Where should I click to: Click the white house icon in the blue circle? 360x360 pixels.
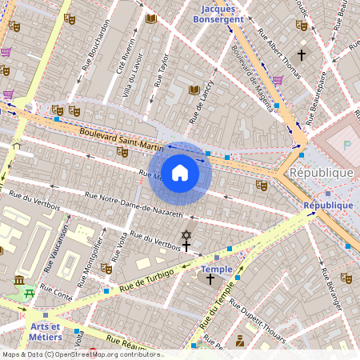pos(180,174)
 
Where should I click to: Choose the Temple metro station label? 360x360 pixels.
pos(216,269)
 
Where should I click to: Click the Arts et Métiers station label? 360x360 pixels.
pos(45,331)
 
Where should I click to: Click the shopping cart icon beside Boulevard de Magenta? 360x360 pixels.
pos(278,80)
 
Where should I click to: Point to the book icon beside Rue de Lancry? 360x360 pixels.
pos(193,90)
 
